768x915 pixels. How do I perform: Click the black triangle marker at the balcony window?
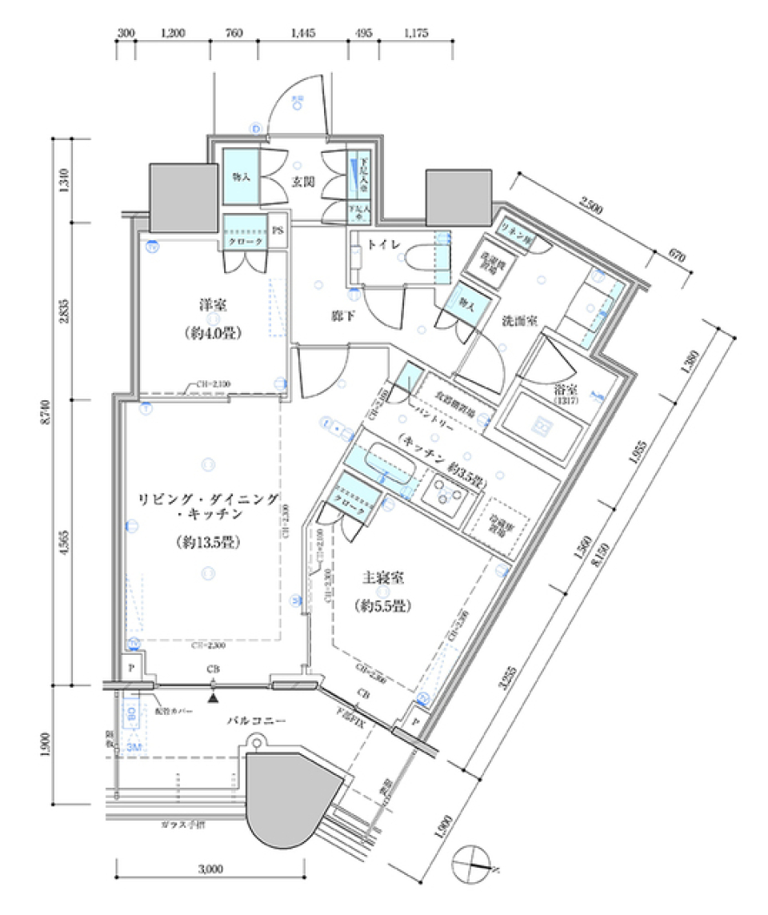[x=213, y=698]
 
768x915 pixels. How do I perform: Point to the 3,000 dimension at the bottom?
[x=210, y=868]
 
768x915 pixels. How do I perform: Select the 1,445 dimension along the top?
[x=303, y=33]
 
